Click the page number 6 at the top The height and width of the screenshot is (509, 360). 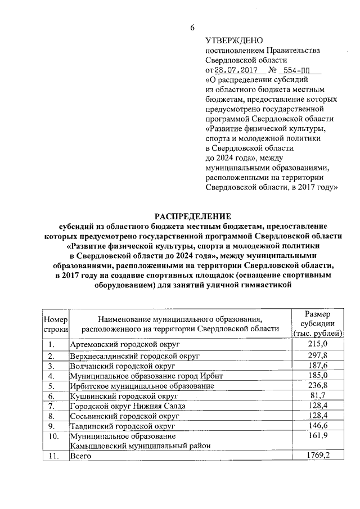pyautogui.click(x=192, y=28)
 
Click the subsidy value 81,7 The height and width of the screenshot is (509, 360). pyautogui.click(x=319, y=395)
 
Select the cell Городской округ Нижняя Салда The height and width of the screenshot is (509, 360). pyautogui.click(x=127, y=406)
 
